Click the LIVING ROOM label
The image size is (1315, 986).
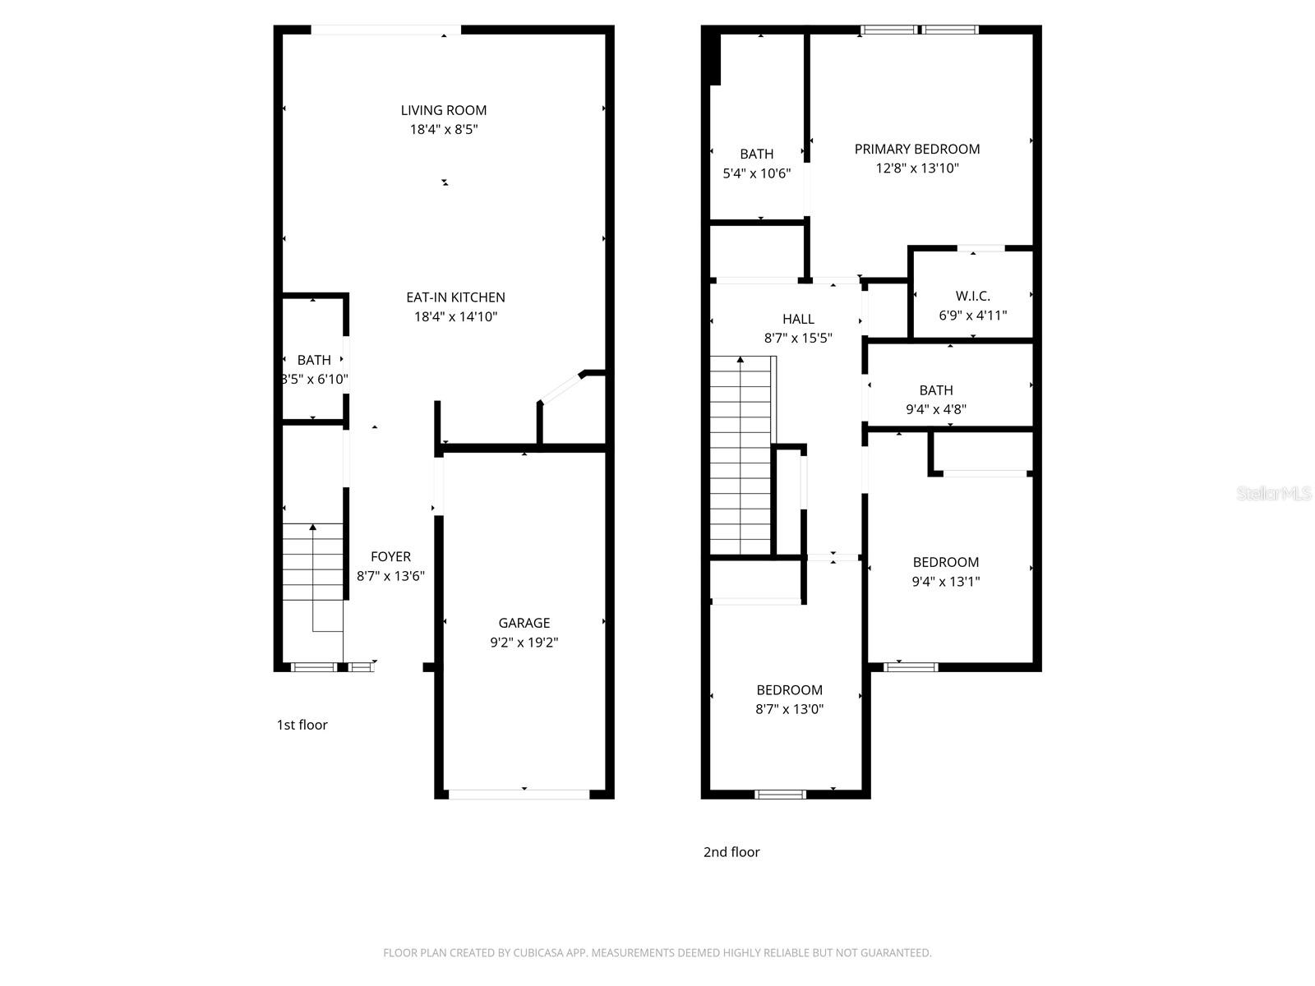(x=444, y=110)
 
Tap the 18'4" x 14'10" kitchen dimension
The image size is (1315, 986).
(x=455, y=317)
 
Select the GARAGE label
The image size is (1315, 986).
(x=524, y=623)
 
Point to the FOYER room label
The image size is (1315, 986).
(x=390, y=556)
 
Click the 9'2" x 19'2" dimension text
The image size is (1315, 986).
(x=524, y=643)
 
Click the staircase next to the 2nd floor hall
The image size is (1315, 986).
(x=741, y=456)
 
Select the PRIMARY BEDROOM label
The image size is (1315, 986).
(x=917, y=149)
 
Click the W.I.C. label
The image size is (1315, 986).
(x=972, y=296)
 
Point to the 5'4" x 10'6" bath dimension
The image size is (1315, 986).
(x=756, y=173)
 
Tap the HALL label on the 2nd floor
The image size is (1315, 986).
(x=798, y=319)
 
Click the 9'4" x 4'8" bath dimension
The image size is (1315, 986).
(x=936, y=409)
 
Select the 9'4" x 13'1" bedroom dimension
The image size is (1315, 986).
(x=945, y=582)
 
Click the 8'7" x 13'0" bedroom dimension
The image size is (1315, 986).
(x=789, y=709)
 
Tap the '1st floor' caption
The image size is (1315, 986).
(x=302, y=725)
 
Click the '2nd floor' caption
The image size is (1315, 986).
(x=731, y=852)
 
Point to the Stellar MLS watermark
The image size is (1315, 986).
(x=1274, y=494)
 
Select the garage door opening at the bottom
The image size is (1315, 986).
(x=519, y=795)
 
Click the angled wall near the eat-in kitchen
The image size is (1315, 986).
(x=561, y=388)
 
